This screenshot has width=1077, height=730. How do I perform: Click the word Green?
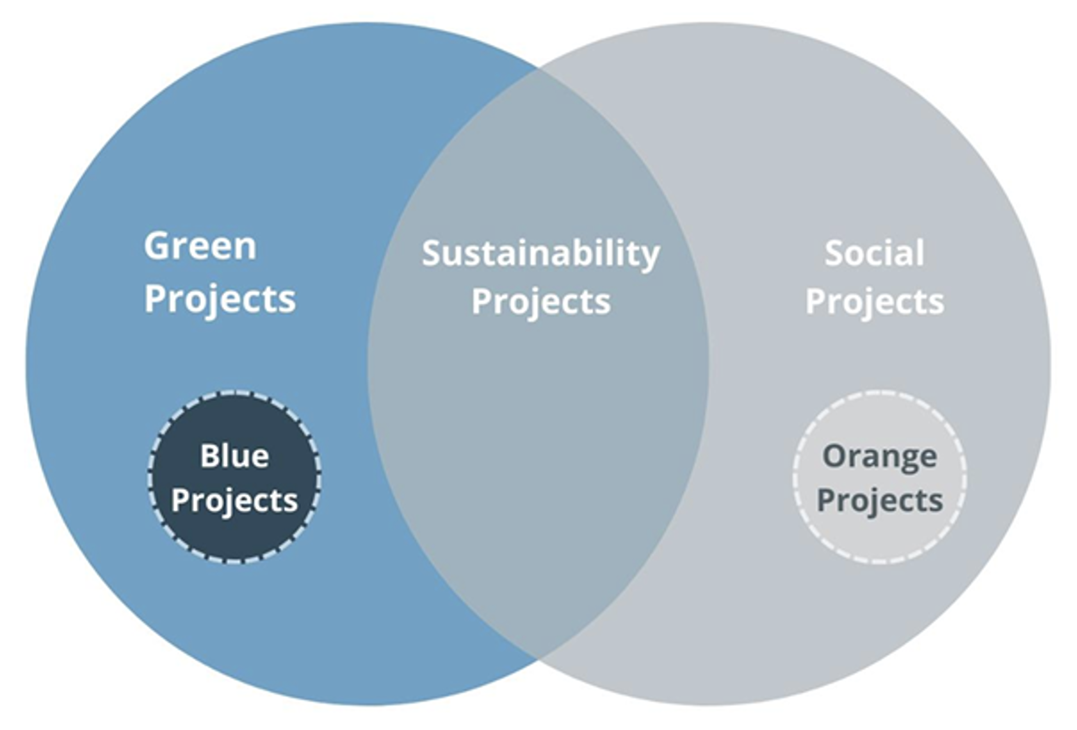[x=200, y=246]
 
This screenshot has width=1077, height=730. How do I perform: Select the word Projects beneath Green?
[x=220, y=300]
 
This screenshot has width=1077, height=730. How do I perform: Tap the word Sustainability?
[x=540, y=254]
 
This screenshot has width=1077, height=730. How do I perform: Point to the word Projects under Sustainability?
[x=540, y=303]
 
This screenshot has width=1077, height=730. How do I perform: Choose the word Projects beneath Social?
[x=875, y=303]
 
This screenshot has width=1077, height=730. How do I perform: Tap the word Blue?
[x=234, y=455]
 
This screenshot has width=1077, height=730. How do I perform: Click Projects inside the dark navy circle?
[x=234, y=501]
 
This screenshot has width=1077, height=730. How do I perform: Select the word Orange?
[x=879, y=457]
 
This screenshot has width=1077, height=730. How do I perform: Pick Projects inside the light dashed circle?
[x=879, y=501]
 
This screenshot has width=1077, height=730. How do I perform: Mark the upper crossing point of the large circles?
[x=538, y=69]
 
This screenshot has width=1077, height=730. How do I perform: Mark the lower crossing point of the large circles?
[x=538, y=659]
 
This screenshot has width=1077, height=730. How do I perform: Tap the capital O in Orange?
[x=836, y=455]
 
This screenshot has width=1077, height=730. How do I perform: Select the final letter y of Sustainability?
[x=649, y=258]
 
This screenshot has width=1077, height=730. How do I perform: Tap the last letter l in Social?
[x=920, y=252]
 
